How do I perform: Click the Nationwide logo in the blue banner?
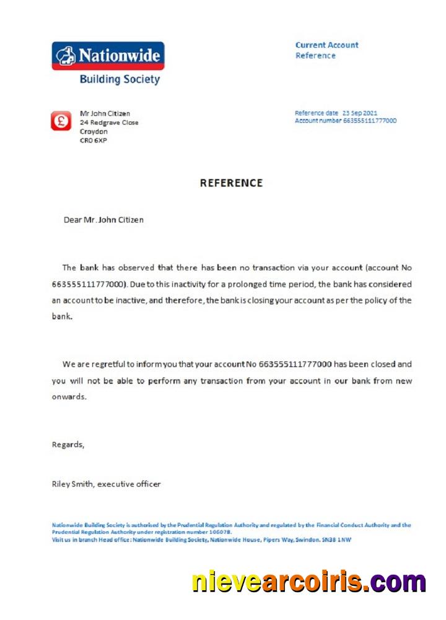(108, 55)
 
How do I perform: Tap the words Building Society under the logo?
(120, 79)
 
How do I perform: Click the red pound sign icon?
(61, 121)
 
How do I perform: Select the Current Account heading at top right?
(326, 45)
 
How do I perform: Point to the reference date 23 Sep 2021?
(359, 113)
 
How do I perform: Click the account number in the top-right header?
(369, 120)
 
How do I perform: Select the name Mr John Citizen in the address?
(105, 113)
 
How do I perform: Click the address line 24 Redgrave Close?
(109, 123)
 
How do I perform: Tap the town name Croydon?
(94, 131)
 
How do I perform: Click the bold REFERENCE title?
(231, 183)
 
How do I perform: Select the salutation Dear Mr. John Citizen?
(103, 219)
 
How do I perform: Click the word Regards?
(68, 445)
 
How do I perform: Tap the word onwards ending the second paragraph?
(69, 397)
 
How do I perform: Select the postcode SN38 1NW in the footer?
(335, 539)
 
